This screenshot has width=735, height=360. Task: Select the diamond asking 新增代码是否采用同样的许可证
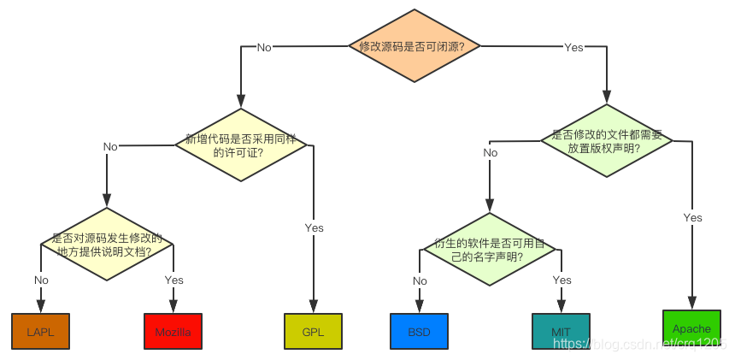(241, 145)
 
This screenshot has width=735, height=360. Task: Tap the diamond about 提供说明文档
(107, 245)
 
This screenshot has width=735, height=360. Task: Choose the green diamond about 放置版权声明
(607, 140)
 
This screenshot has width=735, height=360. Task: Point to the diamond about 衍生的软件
(490, 249)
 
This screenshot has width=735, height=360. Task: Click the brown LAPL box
(40, 331)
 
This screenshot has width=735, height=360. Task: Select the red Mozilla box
(173, 332)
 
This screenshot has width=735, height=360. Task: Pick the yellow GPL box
(313, 331)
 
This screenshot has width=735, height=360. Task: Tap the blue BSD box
(419, 331)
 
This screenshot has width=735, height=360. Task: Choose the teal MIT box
(561, 331)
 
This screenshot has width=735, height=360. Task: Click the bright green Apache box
(691, 328)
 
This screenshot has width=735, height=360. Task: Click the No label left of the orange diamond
(264, 48)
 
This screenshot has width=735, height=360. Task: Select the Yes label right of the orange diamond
(573, 48)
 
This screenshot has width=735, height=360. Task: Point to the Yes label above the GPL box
(315, 228)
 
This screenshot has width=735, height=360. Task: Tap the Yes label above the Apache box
(692, 218)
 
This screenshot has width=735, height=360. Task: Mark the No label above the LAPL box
(41, 280)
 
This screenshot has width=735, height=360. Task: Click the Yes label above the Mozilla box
(173, 280)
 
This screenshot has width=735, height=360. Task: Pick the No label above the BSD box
(420, 280)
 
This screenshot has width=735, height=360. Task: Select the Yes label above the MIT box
(562, 280)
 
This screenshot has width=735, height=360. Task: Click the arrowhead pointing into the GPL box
(314, 308)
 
